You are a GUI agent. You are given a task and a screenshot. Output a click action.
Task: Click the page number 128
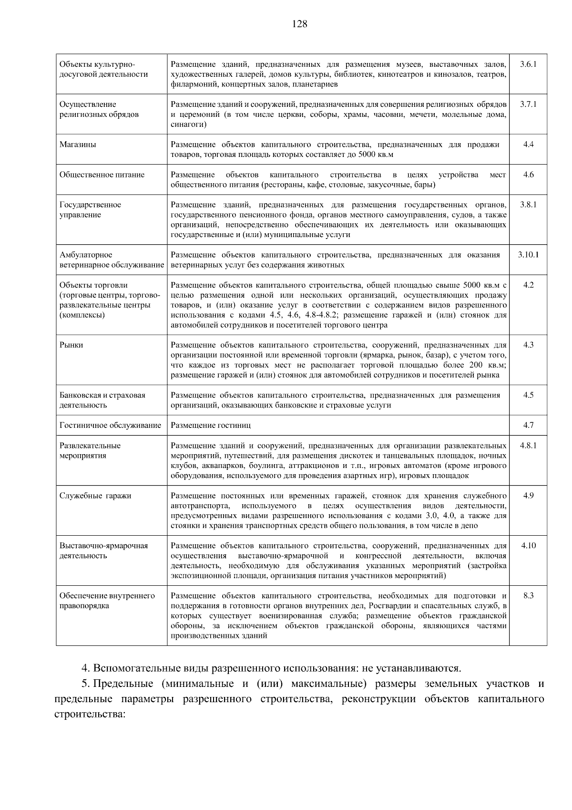[299, 24]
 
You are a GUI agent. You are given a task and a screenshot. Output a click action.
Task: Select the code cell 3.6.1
[528, 64]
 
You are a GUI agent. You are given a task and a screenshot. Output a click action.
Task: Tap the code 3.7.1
[528, 104]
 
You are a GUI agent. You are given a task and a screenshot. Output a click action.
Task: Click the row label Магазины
[78, 145]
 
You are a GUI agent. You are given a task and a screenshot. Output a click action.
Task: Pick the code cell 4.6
[528, 175]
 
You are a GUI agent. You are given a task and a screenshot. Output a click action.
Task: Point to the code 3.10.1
[528, 255]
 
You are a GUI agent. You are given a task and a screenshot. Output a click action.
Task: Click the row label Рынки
[71, 345]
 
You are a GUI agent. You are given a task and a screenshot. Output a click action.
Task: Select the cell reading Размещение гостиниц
[211, 425]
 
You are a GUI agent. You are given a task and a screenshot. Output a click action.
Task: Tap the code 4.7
[528, 425]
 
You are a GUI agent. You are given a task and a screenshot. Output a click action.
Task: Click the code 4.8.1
[528, 446]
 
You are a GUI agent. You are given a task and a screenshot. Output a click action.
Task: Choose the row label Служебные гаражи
[95, 496]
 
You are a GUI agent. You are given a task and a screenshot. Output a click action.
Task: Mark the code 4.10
[528, 546]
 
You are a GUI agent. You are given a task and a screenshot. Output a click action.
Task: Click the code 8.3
[528, 596]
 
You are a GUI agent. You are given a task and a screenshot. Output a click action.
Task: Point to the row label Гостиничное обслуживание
[110, 425]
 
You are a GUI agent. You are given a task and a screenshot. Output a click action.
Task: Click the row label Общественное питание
[102, 175]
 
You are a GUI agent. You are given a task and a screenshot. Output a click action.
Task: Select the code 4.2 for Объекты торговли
[528, 285]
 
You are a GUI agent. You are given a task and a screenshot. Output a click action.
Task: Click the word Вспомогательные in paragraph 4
[137, 667]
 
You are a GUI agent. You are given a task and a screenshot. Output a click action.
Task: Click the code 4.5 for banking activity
[528, 395]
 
